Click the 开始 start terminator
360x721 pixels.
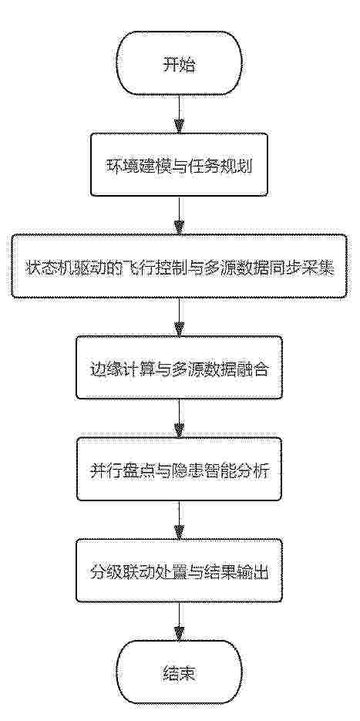[x=179, y=64]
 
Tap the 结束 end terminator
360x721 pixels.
[x=179, y=674]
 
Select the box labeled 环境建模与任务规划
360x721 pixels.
[x=179, y=165]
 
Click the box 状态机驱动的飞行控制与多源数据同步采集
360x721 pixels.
[x=179, y=266]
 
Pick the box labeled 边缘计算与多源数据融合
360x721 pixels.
[x=179, y=368]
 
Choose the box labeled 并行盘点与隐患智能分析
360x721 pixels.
[x=179, y=469]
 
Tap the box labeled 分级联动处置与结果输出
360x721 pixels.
[x=179, y=571]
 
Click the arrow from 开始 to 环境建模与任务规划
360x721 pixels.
[x=179, y=115]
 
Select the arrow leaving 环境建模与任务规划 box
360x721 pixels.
[x=179, y=216]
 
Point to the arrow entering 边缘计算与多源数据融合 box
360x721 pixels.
[x=179, y=317]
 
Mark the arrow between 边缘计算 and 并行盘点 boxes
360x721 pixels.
[x=179, y=419]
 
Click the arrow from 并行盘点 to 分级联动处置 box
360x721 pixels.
[x=179, y=520]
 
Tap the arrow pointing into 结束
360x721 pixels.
[x=179, y=622]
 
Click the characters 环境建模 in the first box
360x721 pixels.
[x=130, y=165]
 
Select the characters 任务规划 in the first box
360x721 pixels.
[x=229, y=165]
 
